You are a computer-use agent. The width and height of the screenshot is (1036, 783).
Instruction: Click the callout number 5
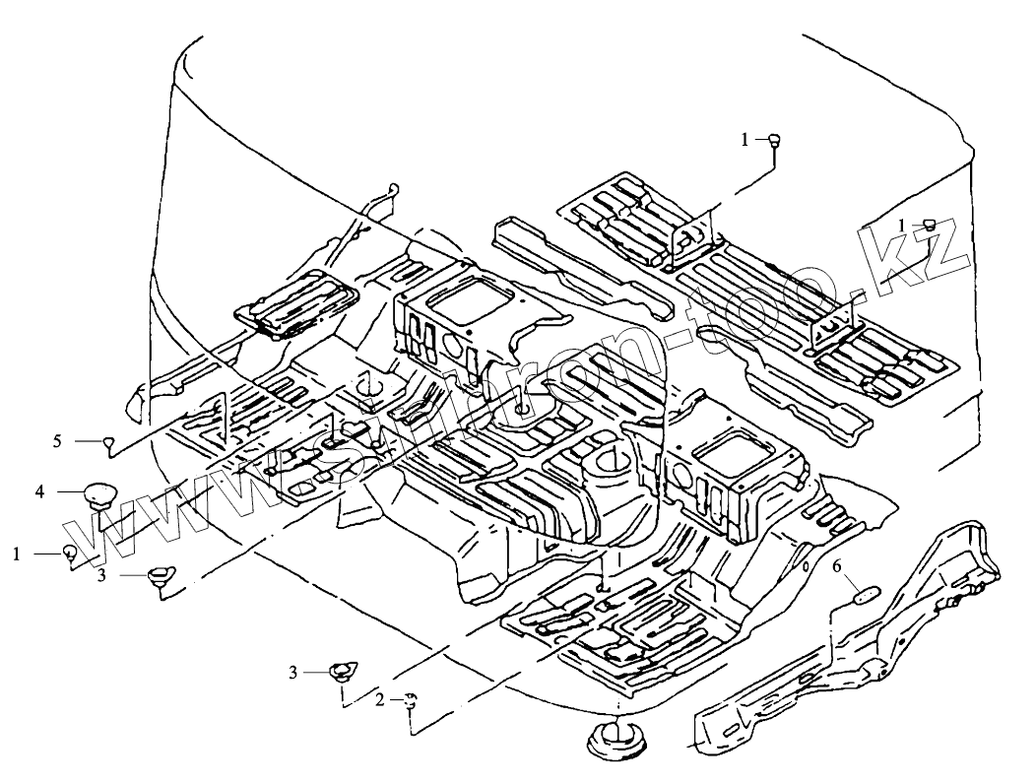click(57, 440)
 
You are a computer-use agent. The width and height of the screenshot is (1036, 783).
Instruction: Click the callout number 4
click(39, 489)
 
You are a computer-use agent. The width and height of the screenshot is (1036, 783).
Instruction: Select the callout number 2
click(379, 699)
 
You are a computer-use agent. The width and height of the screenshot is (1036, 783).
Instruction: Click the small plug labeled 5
click(109, 442)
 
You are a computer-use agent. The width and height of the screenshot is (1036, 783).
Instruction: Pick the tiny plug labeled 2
click(411, 700)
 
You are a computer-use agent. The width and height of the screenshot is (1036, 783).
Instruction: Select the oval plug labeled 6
click(866, 593)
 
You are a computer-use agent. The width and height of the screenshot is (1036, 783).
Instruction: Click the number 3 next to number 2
click(292, 672)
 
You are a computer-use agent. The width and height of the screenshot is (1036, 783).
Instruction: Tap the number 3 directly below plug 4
click(100, 576)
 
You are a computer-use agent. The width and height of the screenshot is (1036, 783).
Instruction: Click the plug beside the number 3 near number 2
click(341, 673)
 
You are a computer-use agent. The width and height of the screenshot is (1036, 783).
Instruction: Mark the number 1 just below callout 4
click(17, 555)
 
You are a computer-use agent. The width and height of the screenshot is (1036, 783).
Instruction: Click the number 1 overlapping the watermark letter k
click(903, 226)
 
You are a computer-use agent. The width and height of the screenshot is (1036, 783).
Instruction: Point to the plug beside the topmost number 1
click(775, 140)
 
